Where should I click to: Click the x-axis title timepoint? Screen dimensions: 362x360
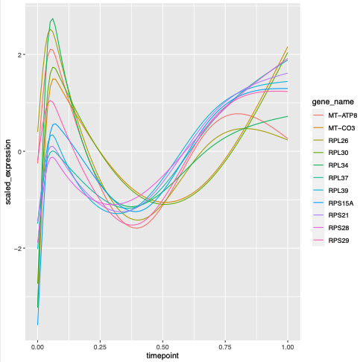point(162,357)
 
